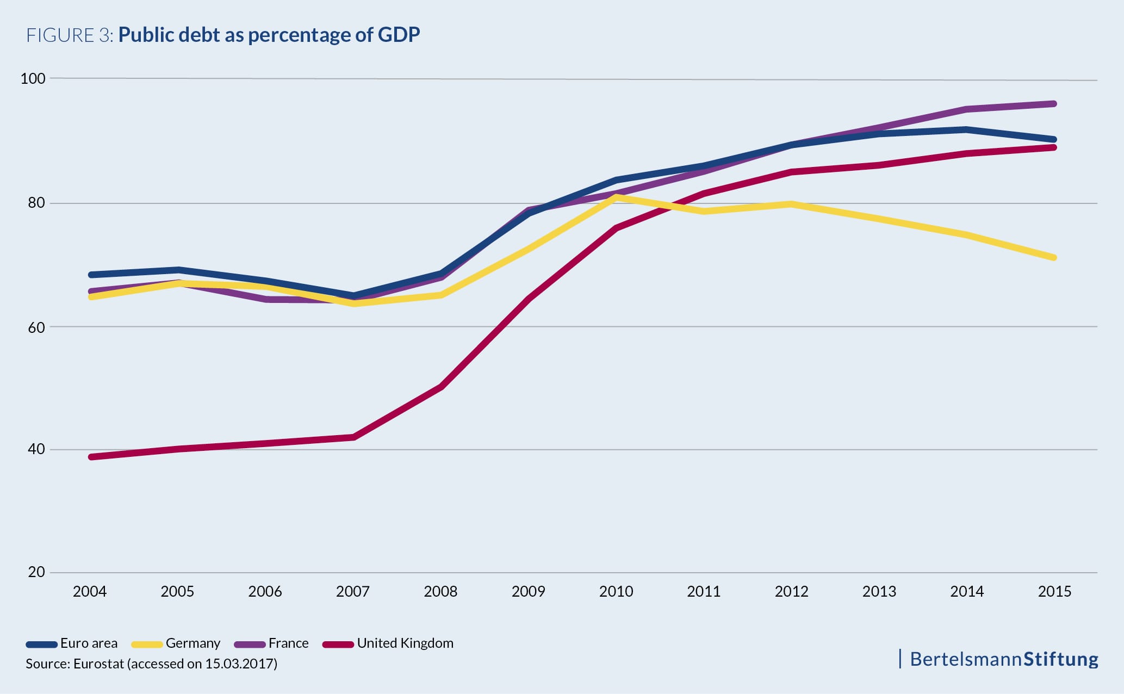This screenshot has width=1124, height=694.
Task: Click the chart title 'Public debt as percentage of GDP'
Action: tap(269, 35)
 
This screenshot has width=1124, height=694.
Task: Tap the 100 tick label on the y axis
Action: tap(33, 78)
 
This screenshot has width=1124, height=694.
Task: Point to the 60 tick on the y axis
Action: tap(36, 327)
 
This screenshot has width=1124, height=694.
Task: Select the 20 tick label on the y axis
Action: tap(36, 572)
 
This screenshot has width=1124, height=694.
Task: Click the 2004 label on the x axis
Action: tap(90, 592)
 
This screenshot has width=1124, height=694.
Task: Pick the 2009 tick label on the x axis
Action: tap(528, 592)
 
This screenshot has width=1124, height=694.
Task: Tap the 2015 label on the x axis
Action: tap(1054, 592)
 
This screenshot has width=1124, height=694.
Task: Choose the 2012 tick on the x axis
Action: tap(791, 592)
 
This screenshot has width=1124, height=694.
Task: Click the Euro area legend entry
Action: tap(72, 643)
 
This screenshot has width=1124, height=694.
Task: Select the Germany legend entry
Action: tap(176, 643)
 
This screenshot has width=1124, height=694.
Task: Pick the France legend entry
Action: tap(271, 643)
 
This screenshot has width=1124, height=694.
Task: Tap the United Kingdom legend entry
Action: tap(388, 643)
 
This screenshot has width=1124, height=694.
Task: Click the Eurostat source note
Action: tap(151, 664)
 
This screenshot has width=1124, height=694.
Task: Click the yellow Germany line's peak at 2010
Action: tap(616, 196)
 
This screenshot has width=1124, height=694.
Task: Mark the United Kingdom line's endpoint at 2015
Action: tap(1054, 147)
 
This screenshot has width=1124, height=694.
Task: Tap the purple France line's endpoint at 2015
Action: tap(1054, 103)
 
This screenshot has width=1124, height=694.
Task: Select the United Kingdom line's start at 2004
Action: tap(91, 457)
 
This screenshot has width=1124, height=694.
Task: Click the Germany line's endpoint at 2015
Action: tap(1054, 257)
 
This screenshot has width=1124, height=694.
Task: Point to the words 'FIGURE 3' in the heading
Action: tap(69, 35)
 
